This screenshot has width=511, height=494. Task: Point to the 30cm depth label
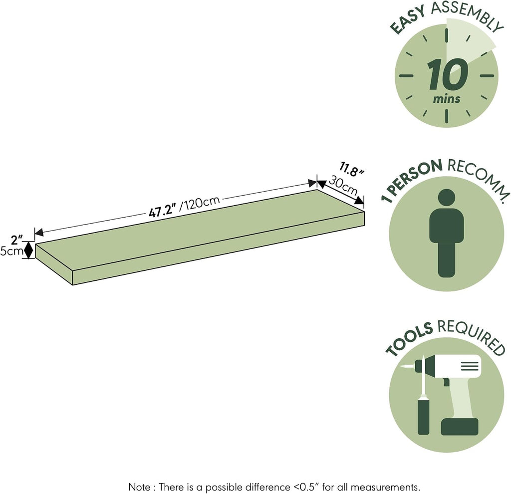click(343, 186)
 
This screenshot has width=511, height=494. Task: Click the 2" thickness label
click(16, 241)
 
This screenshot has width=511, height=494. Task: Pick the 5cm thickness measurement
click(12, 251)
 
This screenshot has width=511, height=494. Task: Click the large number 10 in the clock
click(448, 74)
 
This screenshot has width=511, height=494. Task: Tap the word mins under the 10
click(447, 99)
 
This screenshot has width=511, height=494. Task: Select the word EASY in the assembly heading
click(409, 20)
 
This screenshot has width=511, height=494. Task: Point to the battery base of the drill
click(460, 427)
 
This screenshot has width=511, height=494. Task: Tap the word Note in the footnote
click(140, 487)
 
